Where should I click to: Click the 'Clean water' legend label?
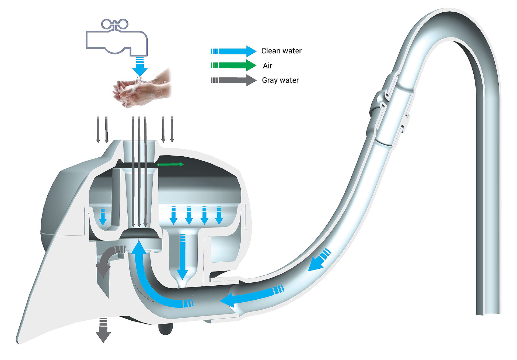(x=281, y=51)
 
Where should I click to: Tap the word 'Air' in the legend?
(x=267, y=66)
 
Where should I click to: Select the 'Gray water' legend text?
(x=280, y=80)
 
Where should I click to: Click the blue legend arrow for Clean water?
(x=233, y=51)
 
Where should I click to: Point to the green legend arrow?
(x=233, y=65)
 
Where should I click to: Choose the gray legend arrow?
(x=233, y=80)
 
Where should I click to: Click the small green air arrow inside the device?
(x=170, y=164)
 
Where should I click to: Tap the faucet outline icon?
(x=116, y=38)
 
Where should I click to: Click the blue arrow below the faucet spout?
(x=140, y=67)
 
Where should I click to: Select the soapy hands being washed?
(x=142, y=88)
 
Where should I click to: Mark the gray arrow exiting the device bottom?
(x=103, y=330)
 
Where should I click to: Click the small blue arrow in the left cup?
(x=103, y=216)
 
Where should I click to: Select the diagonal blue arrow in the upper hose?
(x=320, y=259)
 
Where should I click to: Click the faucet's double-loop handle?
(x=115, y=24)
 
